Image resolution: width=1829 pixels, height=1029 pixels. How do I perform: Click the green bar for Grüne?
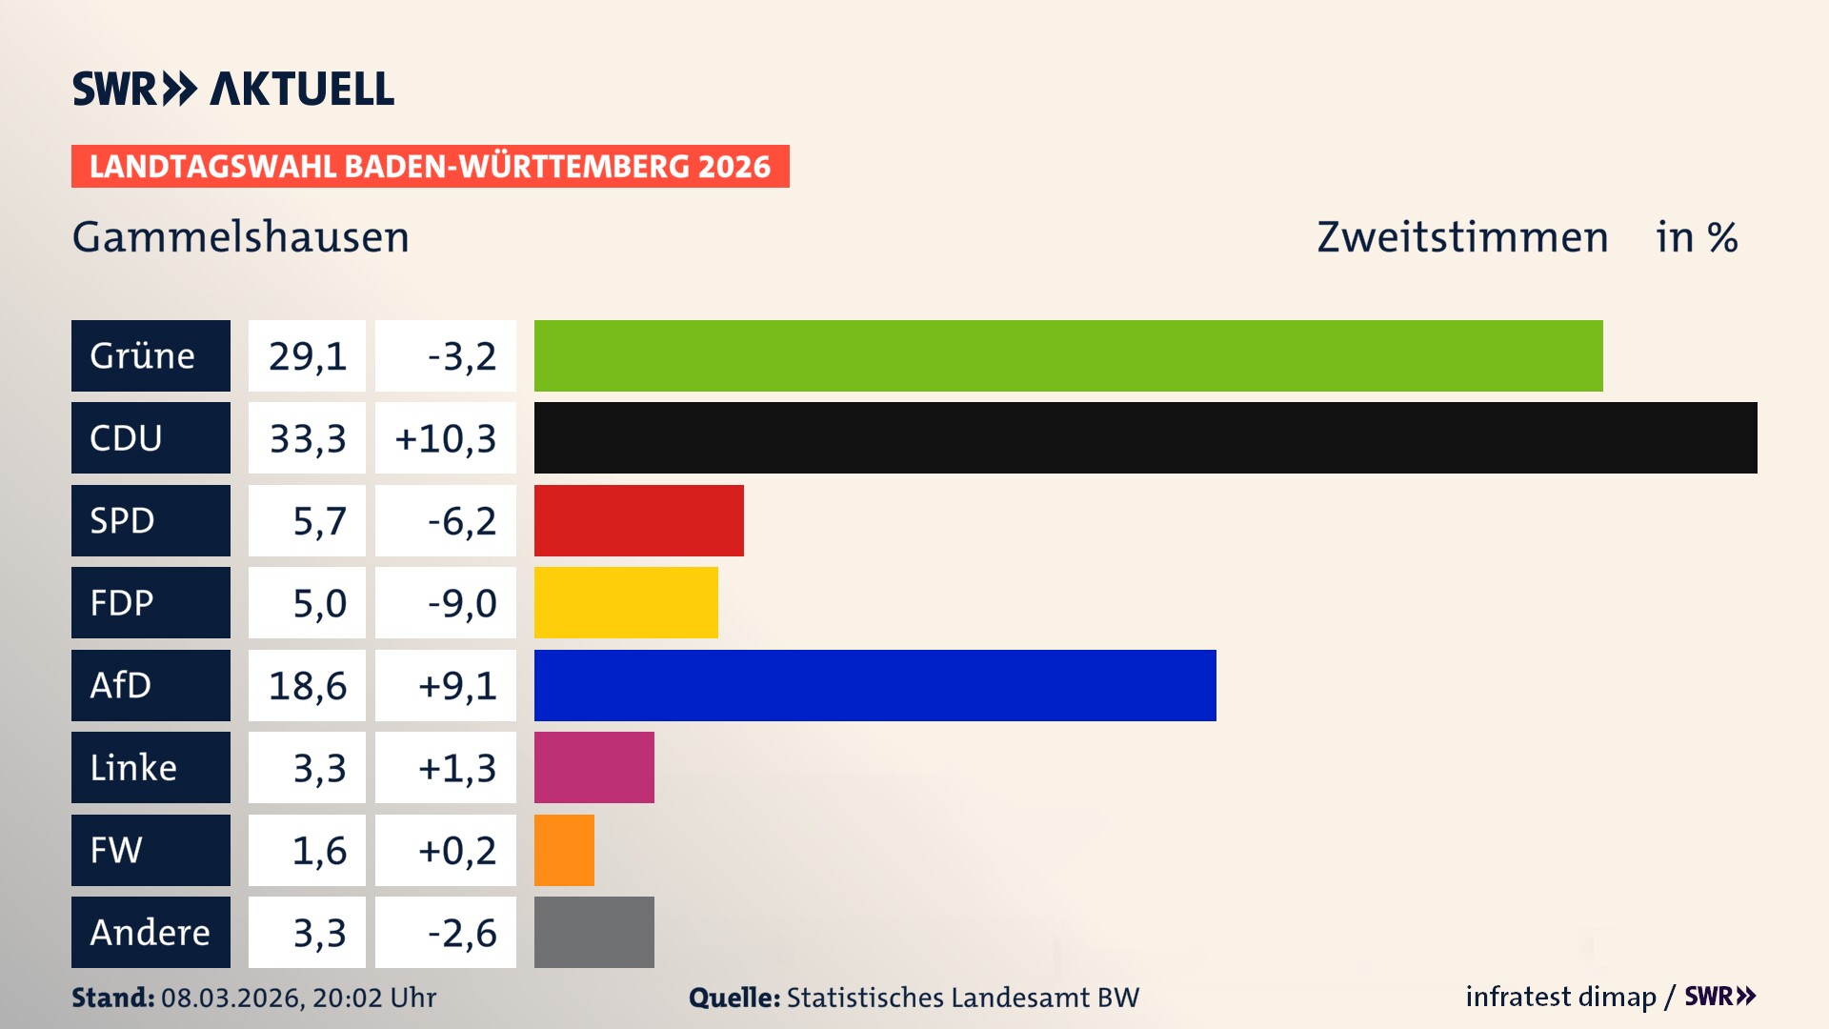click(x=1068, y=355)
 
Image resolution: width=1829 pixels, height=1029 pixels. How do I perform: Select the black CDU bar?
click(x=1145, y=437)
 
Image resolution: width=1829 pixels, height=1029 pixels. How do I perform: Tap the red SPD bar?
click(x=638, y=520)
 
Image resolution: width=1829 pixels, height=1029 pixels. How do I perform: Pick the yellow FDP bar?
click(x=626, y=602)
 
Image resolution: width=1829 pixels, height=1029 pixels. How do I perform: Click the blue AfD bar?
click(x=874, y=685)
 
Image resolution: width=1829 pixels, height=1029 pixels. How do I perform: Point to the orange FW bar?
click(x=564, y=850)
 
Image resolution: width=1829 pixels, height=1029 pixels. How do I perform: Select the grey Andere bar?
click(x=593, y=932)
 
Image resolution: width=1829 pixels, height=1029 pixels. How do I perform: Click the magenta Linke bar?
click(x=593, y=767)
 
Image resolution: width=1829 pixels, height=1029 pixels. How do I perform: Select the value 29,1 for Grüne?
click(x=307, y=355)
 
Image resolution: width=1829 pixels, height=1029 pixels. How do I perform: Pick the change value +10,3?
click(x=445, y=437)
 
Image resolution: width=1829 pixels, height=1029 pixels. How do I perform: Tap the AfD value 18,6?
click(x=307, y=685)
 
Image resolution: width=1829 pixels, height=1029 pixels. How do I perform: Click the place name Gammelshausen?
click(x=240, y=236)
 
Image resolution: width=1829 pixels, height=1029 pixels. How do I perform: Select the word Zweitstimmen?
click(x=1462, y=236)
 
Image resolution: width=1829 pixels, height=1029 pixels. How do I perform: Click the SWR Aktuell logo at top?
click(x=232, y=89)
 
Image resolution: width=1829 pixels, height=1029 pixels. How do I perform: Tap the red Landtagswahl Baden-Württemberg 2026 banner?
click(x=430, y=166)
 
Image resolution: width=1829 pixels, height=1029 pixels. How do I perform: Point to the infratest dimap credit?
click(x=1559, y=997)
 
